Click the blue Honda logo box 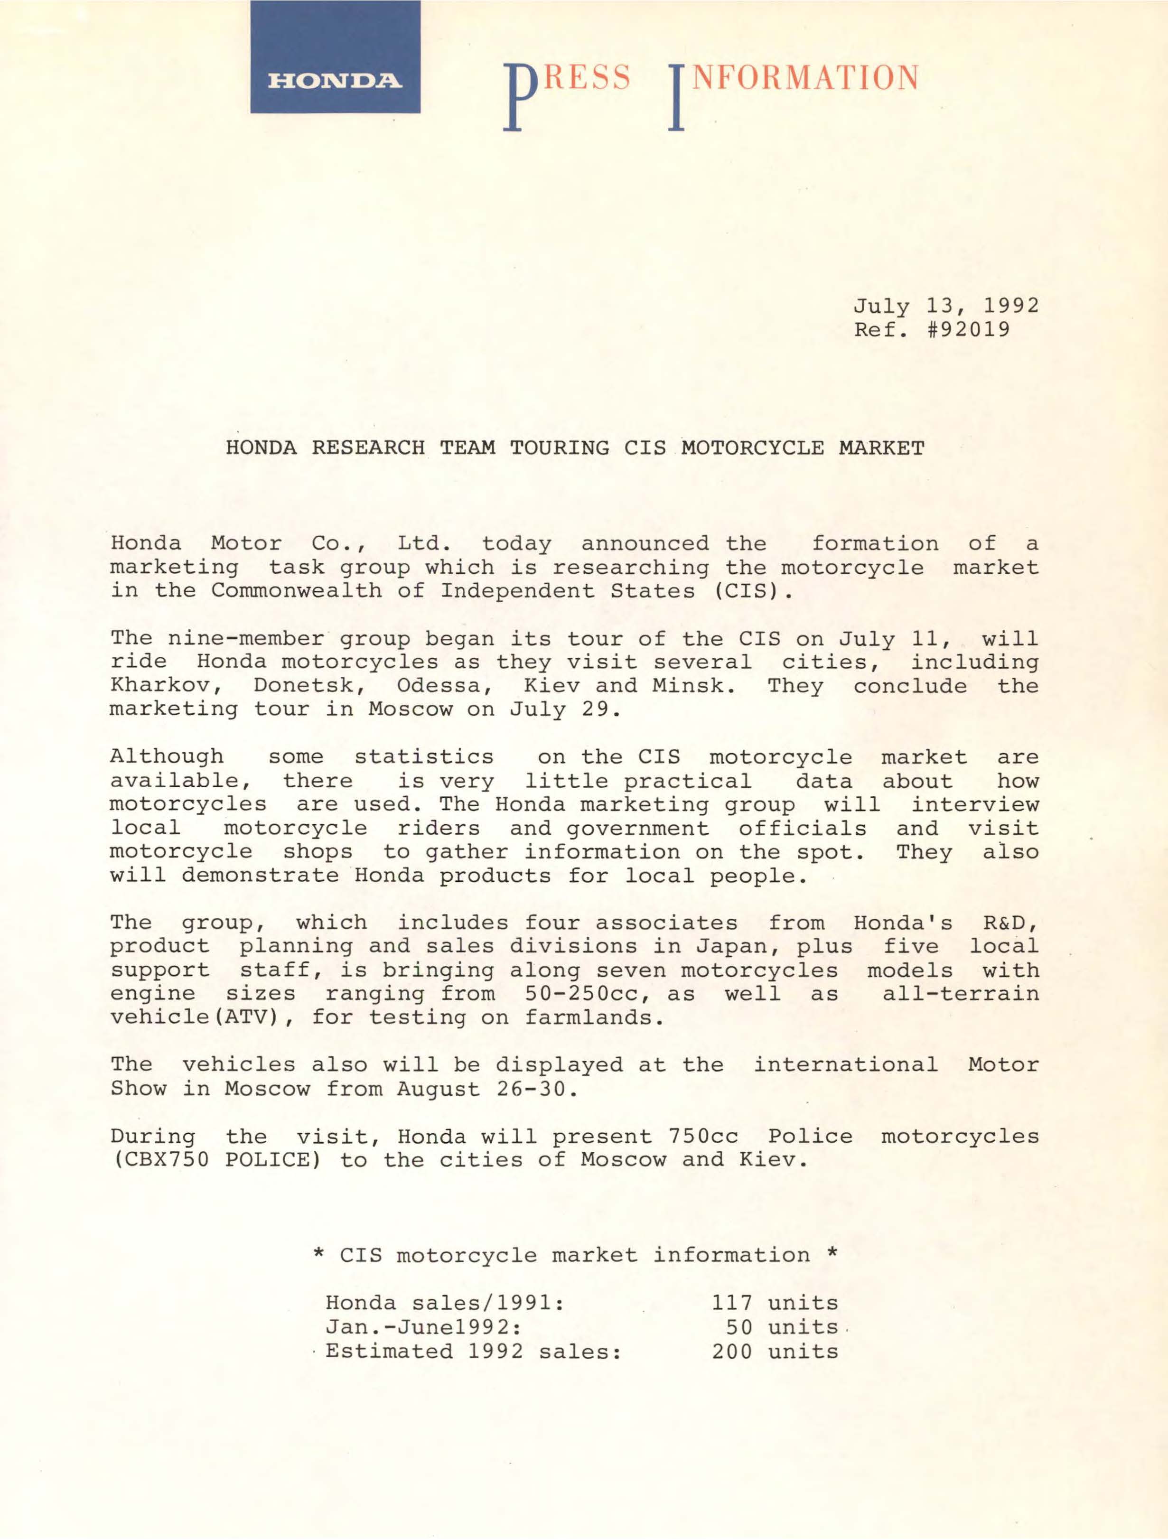pyautogui.click(x=335, y=57)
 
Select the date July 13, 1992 pyautogui.click(x=945, y=306)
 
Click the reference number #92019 pyautogui.click(x=968, y=328)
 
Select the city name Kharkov pyautogui.click(x=166, y=686)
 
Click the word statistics pyautogui.click(x=424, y=756)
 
